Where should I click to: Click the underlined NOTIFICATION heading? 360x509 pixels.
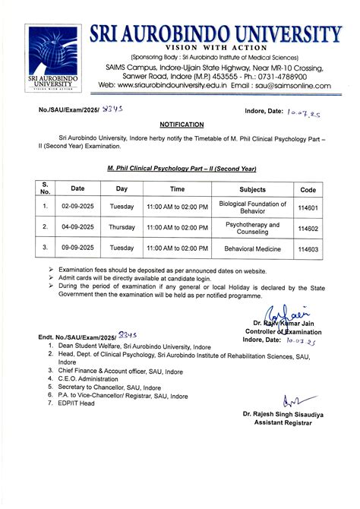pyautogui.click(x=182, y=123)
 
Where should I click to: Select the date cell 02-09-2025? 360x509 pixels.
pyautogui.click(x=78, y=205)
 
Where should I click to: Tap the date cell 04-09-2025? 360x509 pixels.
pyautogui.click(x=78, y=226)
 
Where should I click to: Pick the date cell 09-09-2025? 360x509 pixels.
pyautogui.click(x=78, y=248)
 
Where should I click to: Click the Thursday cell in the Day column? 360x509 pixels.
pyautogui.click(x=122, y=226)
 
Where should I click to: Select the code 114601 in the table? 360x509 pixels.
pyautogui.click(x=308, y=205)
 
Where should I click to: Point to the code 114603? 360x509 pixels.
pyautogui.click(x=308, y=248)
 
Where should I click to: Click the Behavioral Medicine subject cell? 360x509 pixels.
pyautogui.click(x=252, y=248)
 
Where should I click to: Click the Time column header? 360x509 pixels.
pyautogui.click(x=177, y=188)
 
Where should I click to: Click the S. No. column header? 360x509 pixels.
pyautogui.click(x=45, y=188)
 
